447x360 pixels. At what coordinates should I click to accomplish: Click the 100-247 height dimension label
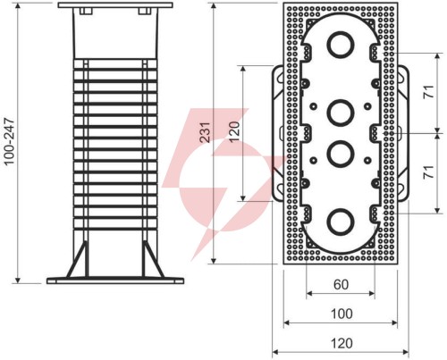coord(10,141)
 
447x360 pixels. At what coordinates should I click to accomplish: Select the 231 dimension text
coord(206,132)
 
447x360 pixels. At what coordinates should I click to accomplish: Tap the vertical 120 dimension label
coord(234,132)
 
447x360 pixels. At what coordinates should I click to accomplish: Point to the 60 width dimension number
coord(341,285)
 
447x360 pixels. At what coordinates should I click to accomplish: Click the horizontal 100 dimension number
coord(342,314)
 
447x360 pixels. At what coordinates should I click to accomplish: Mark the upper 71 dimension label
coord(428,91)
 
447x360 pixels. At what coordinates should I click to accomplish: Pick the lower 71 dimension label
coord(428,172)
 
